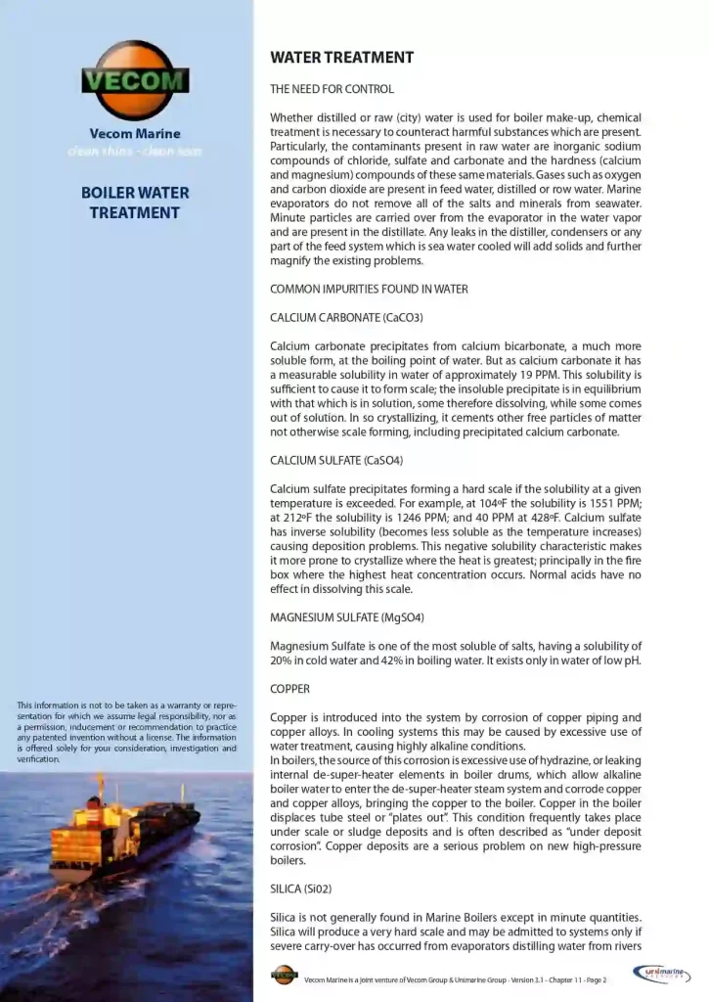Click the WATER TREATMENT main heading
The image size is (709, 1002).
point(341,58)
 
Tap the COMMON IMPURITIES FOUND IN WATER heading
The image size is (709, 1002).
point(369,289)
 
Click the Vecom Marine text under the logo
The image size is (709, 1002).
point(135,134)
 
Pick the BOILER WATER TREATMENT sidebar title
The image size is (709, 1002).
point(135,203)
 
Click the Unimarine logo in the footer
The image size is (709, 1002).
point(666,974)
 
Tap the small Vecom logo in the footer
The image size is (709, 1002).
point(284,975)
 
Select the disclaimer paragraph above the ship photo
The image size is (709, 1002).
point(127,732)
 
